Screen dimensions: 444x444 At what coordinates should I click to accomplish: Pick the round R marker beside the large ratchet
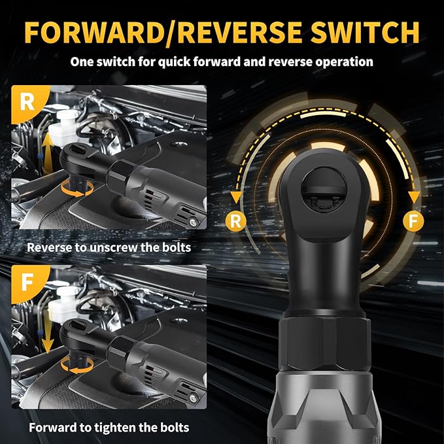(236, 221)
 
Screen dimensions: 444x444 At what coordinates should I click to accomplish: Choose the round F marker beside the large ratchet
(412, 221)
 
